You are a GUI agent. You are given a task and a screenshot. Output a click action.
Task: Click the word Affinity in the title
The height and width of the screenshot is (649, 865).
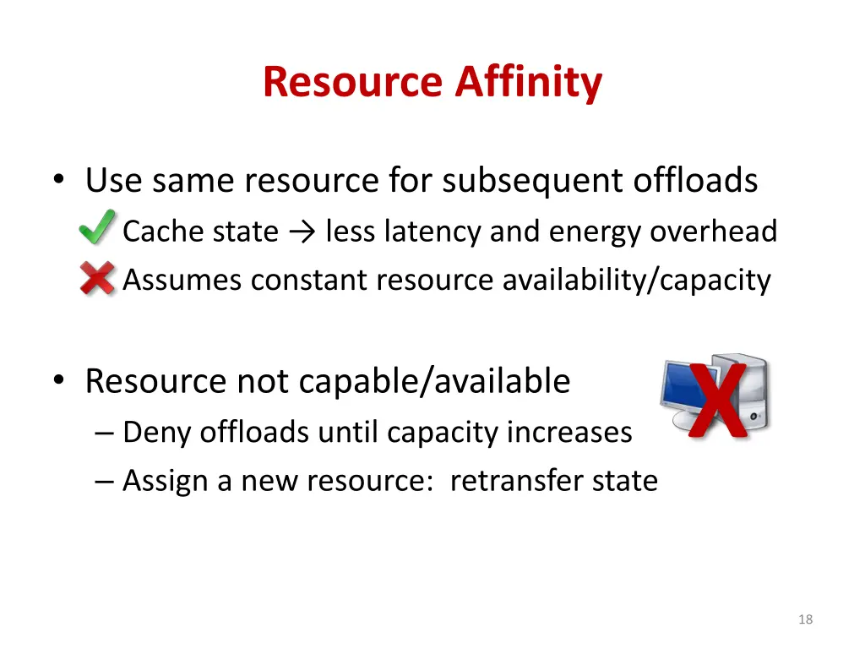(529, 83)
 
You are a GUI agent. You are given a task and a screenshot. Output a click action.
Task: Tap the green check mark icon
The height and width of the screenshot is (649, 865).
(98, 228)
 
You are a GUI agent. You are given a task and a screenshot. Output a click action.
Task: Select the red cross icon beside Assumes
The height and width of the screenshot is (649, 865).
(97, 278)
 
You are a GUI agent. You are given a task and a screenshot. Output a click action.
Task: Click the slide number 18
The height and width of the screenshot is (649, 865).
(805, 619)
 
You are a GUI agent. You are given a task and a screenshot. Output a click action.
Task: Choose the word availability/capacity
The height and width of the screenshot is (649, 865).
(636, 279)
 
